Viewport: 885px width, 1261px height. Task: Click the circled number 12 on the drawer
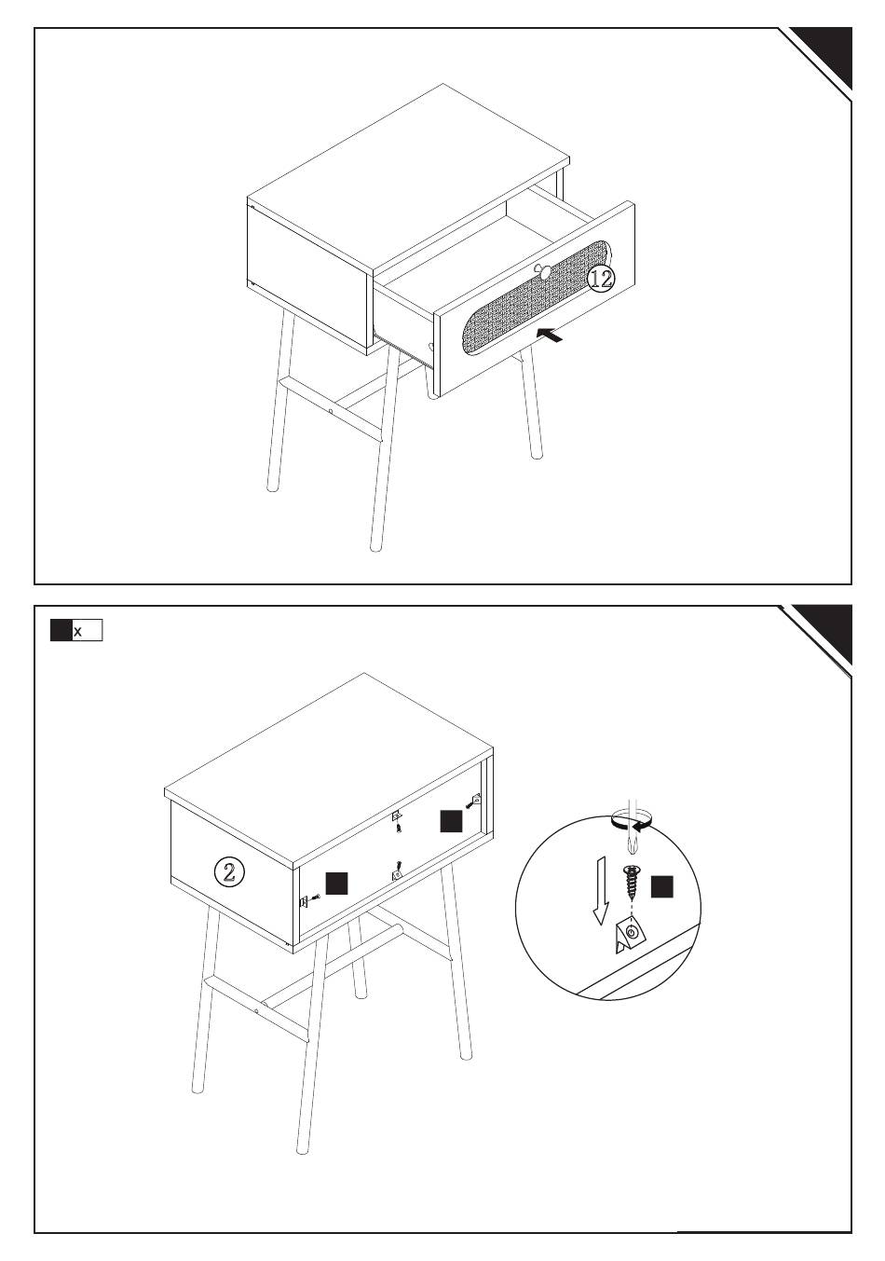(x=601, y=279)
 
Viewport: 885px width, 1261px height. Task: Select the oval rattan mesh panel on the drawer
(x=538, y=297)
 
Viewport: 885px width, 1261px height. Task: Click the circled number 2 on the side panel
(x=229, y=872)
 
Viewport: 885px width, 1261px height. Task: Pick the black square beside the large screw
(x=661, y=887)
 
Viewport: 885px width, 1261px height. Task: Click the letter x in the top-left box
(x=77, y=632)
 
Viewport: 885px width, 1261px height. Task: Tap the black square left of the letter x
(x=61, y=630)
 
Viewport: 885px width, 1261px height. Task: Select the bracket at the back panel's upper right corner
(x=476, y=799)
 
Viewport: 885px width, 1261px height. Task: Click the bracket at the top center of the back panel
(x=397, y=816)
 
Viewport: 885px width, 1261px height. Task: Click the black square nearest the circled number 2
(x=337, y=884)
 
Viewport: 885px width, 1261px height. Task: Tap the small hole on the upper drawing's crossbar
(x=331, y=412)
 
